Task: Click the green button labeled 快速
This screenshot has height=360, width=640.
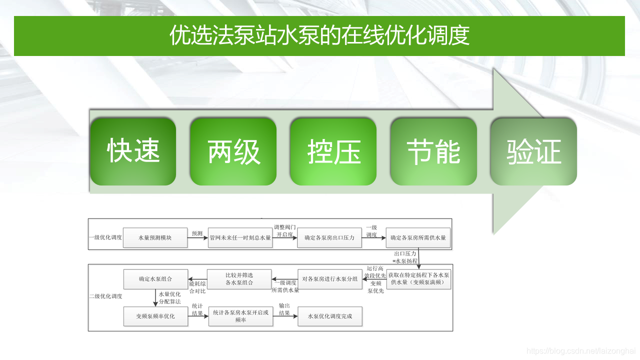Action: pos(133,151)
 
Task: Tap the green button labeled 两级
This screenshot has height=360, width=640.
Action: pos(233,151)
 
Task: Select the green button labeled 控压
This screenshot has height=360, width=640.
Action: pos(333,151)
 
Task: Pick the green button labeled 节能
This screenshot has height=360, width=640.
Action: pos(433,151)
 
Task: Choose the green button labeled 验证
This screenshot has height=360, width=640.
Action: pos(533,151)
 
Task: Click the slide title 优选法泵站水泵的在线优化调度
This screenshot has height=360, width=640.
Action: pos(319,35)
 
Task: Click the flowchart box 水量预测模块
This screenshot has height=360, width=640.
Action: pos(155,238)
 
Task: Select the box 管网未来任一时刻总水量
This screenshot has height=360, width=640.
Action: pos(240,238)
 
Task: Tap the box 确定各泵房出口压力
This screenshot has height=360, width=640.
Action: pos(329,238)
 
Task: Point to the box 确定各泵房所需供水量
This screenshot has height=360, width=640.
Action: pos(418,238)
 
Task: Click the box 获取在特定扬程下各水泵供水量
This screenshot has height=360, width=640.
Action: pos(419,279)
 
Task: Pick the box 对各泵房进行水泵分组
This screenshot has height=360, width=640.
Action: pos(330,279)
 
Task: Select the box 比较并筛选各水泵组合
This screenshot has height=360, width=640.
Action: pos(239,279)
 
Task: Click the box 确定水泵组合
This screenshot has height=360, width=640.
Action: pos(155,279)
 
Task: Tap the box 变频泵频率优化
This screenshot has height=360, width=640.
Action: pos(155,316)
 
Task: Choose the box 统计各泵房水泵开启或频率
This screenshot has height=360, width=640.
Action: pos(240,316)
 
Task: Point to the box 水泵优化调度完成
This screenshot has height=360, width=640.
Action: pos(330,316)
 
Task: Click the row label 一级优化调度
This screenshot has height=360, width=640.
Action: pos(105,237)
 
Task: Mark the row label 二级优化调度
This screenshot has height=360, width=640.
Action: pos(105,296)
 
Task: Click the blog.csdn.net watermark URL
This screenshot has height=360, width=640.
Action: pos(581,351)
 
